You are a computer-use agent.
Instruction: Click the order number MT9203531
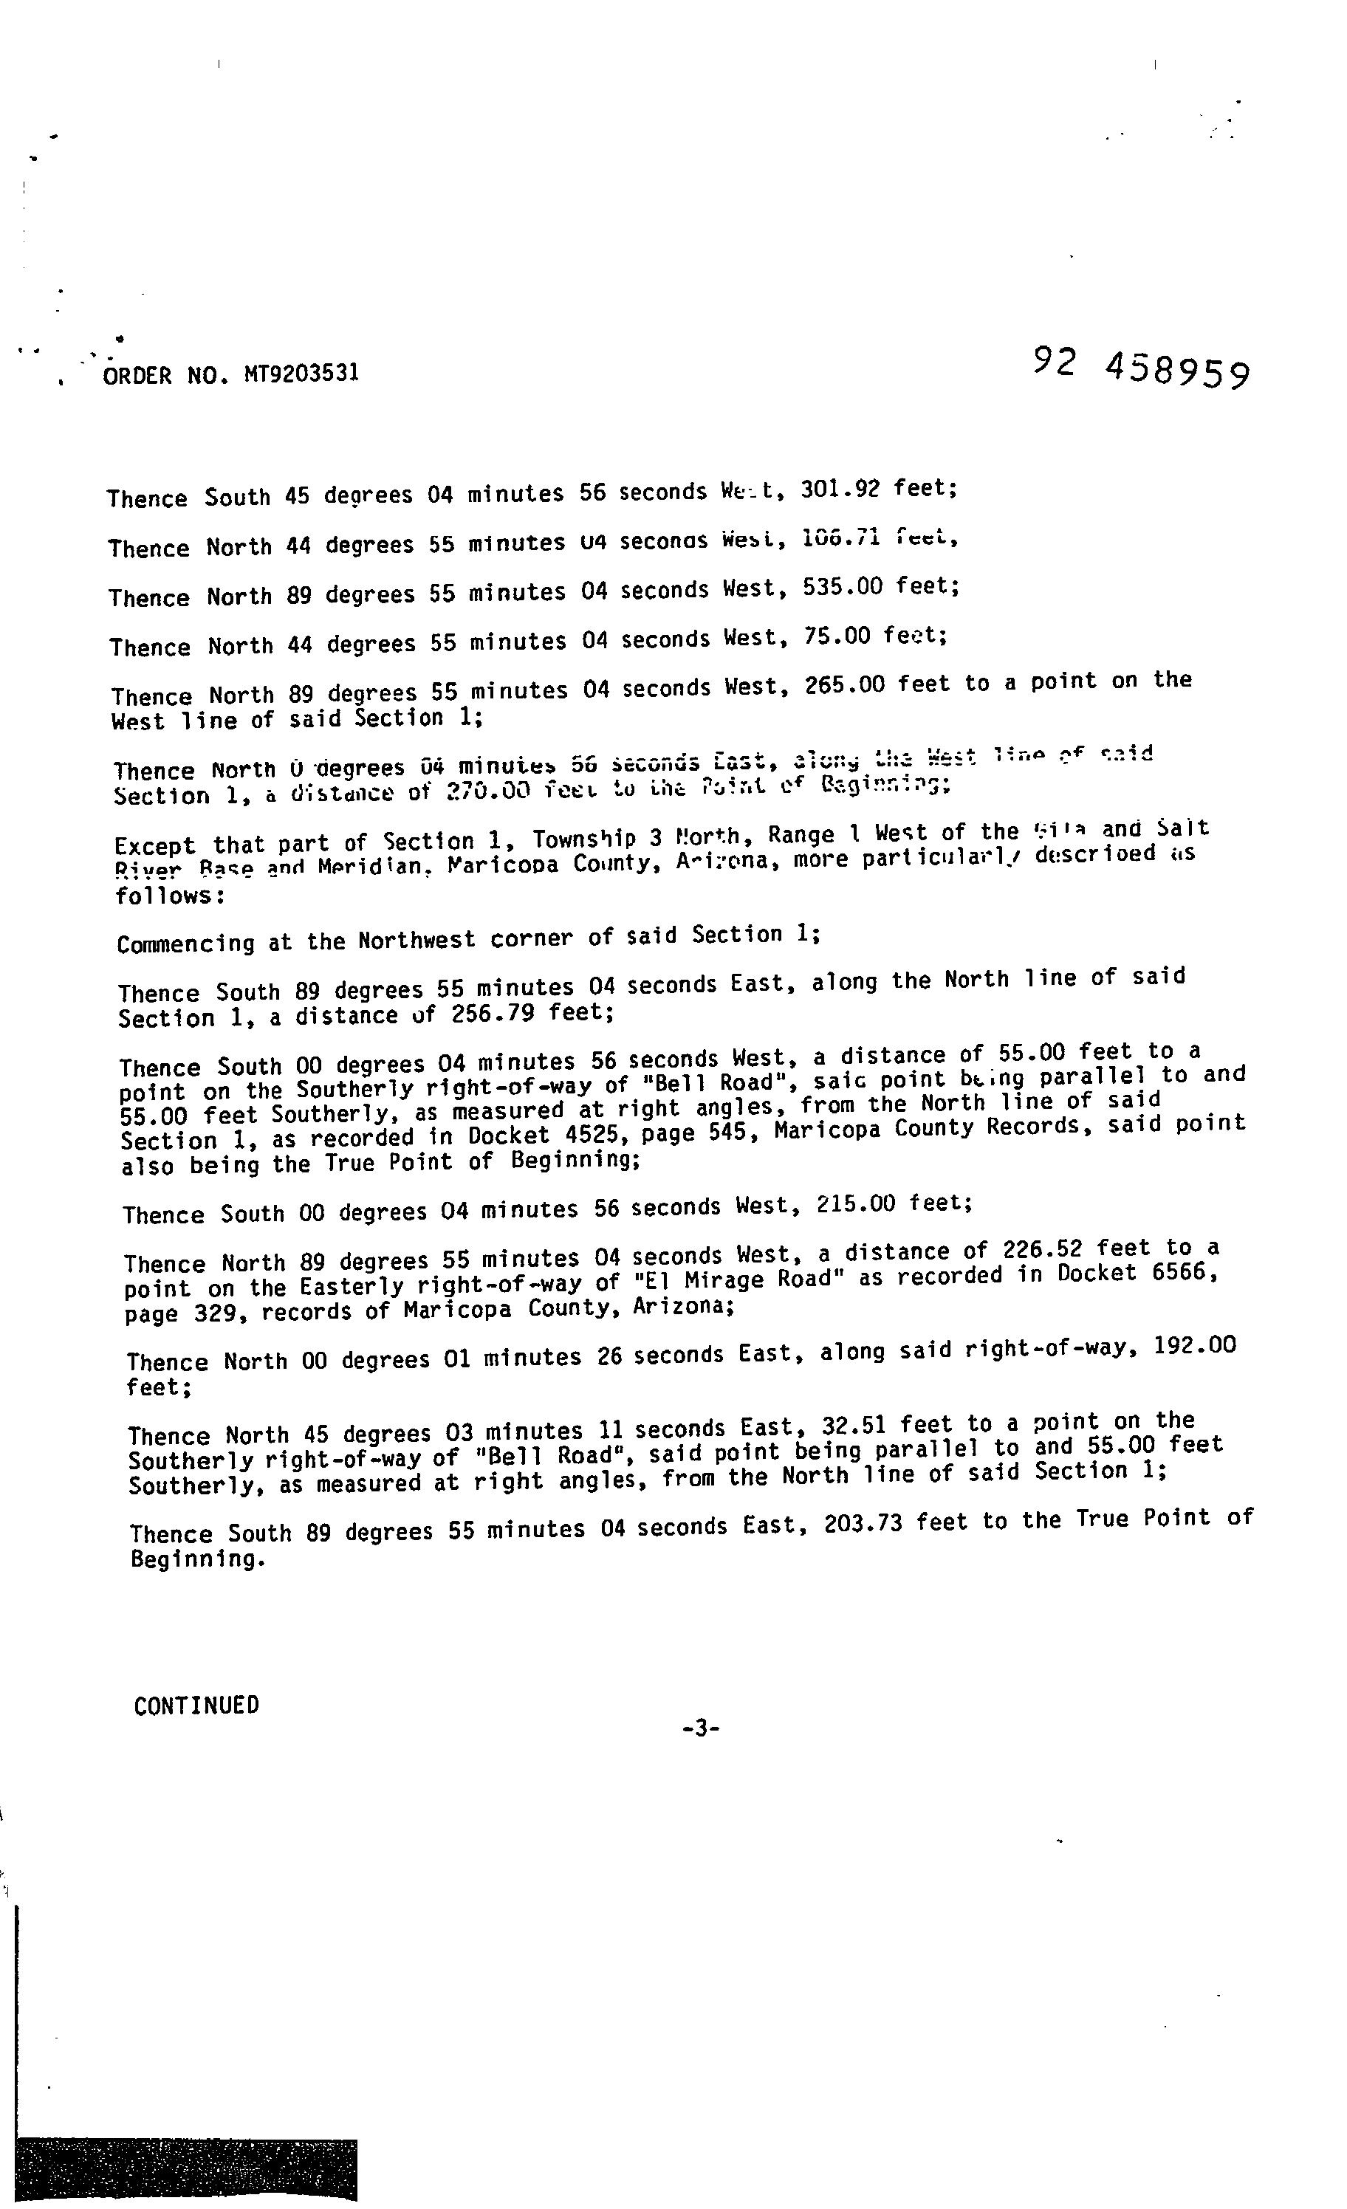coord(301,372)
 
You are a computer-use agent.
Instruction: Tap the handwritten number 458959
coord(1176,369)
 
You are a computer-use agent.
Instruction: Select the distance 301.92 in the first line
coord(840,489)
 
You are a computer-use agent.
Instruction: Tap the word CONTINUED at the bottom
coord(196,1705)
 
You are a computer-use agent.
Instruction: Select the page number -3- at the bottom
coord(700,1728)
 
